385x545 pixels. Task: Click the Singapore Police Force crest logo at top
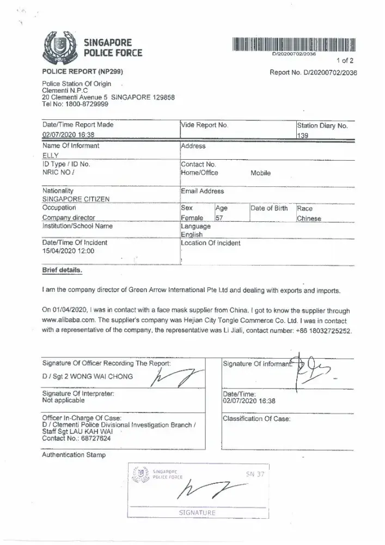pyautogui.click(x=59, y=49)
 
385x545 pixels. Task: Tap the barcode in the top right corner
pyautogui.click(x=294, y=44)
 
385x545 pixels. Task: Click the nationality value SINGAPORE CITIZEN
pyautogui.click(x=76, y=199)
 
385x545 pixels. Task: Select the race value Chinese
pyautogui.click(x=309, y=219)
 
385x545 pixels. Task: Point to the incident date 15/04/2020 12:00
pyautogui.click(x=68, y=251)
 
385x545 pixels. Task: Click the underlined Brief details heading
pyautogui.click(x=63, y=270)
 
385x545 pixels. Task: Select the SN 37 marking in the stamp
pyautogui.click(x=255, y=474)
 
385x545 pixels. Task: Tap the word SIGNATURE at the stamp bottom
pyautogui.click(x=197, y=512)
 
